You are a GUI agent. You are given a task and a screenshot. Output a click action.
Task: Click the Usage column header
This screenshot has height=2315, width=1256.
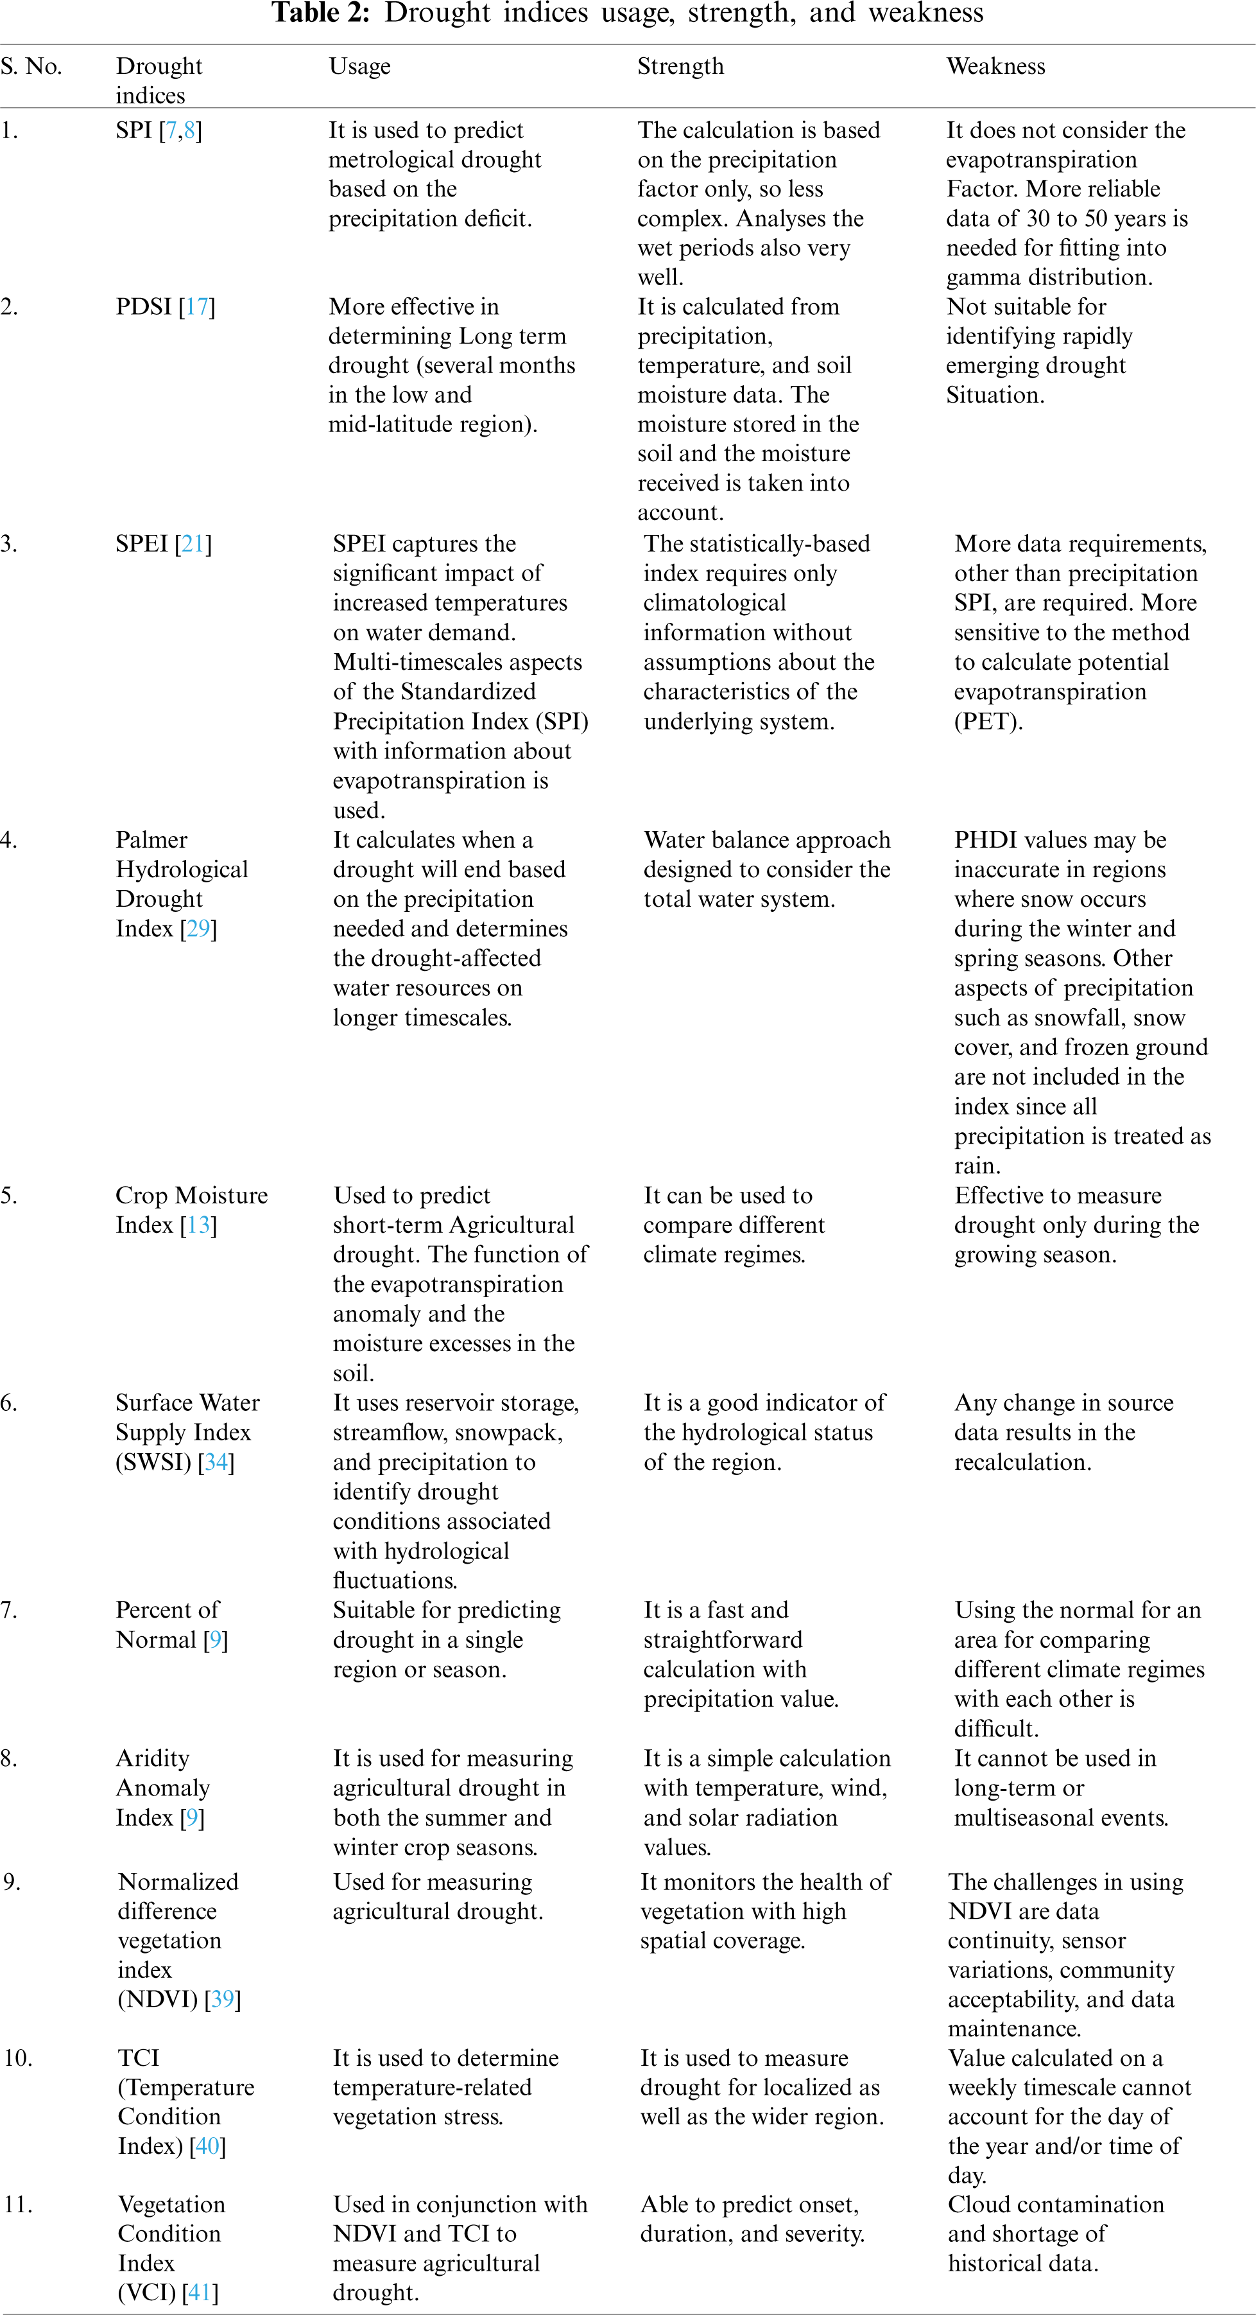pyautogui.click(x=359, y=67)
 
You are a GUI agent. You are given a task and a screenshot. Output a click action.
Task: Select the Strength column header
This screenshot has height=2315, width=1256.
pyautogui.click(x=680, y=67)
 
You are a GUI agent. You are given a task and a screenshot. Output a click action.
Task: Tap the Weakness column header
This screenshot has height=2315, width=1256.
pyautogui.click(x=995, y=67)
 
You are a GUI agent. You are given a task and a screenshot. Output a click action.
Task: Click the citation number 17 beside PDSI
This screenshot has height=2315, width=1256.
pyautogui.click(x=197, y=308)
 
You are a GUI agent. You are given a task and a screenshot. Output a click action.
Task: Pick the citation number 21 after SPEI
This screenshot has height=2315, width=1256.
pyautogui.click(x=193, y=544)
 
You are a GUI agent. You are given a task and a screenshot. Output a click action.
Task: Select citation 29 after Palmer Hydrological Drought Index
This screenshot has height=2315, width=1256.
pyautogui.click(x=198, y=929)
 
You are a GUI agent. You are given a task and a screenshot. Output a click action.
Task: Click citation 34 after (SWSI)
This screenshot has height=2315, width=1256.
pyautogui.click(x=216, y=1462)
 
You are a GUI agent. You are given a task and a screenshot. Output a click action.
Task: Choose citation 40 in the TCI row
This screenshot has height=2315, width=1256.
pyautogui.click(x=207, y=2146)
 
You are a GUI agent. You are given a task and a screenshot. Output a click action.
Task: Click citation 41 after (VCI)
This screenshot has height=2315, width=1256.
pyautogui.click(x=200, y=2293)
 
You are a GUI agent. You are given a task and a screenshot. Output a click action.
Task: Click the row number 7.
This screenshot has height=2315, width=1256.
pyautogui.click(x=8, y=1611)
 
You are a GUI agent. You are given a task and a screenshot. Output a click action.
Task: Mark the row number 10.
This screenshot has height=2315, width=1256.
pyautogui.click(x=18, y=2058)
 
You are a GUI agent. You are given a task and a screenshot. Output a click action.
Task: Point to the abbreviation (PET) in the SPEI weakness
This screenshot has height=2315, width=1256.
pyautogui.click(x=987, y=722)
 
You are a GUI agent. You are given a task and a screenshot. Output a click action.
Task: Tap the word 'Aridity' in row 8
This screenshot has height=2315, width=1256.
pyautogui.click(x=153, y=1759)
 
